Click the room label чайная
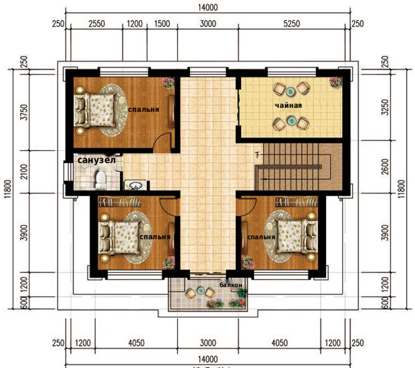(x=288, y=105)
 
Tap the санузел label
(x=96, y=160)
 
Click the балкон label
(x=231, y=285)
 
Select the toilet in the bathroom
(x=100, y=181)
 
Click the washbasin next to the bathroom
(x=135, y=185)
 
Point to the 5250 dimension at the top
(x=292, y=24)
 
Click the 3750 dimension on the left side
(x=24, y=113)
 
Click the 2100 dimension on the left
(x=24, y=172)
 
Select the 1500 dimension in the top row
(x=162, y=24)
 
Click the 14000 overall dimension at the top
(x=207, y=7)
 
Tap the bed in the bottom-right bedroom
(x=296, y=237)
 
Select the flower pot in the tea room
(x=336, y=82)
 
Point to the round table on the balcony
(x=200, y=290)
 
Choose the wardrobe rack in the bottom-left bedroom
(x=120, y=202)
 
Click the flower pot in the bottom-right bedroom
(x=248, y=263)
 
